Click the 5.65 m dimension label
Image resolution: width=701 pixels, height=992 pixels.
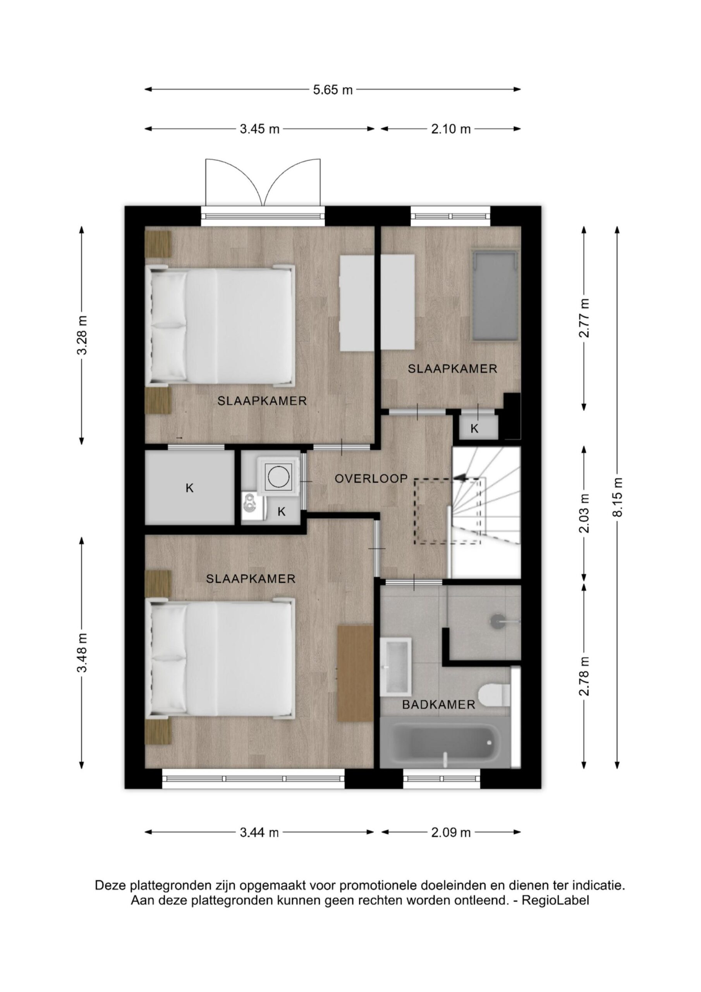click(333, 90)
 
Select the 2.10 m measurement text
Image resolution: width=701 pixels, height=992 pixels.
click(451, 129)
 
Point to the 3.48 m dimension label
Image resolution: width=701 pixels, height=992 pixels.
click(82, 653)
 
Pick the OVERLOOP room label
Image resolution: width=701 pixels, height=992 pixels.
click(371, 478)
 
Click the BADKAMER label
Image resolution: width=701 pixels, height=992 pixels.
click(438, 705)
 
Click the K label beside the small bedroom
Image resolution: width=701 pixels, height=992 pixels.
click(474, 429)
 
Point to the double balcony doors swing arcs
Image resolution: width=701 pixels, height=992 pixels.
click(263, 182)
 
